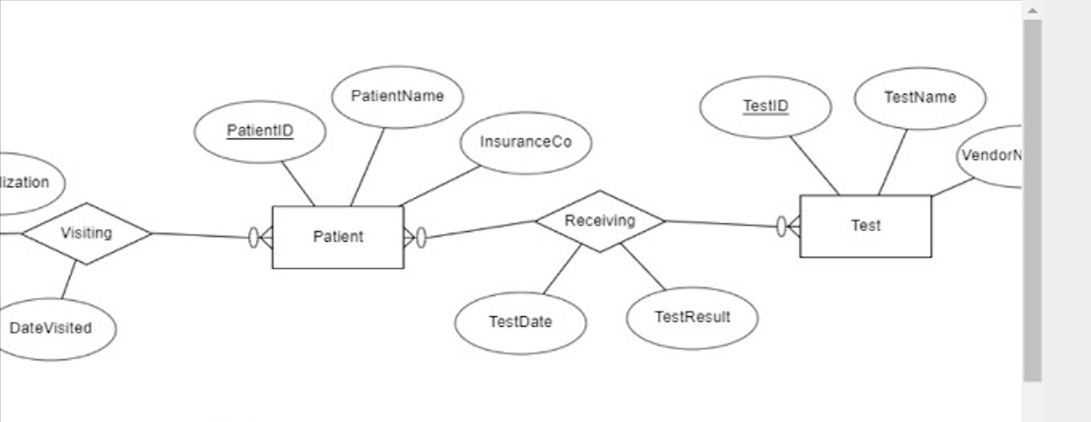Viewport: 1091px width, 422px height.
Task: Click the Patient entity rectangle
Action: tap(338, 237)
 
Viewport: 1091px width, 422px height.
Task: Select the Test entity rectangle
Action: tap(865, 226)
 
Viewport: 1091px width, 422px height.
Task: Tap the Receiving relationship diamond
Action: tap(600, 222)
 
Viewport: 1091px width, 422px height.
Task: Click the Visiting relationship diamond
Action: tap(86, 233)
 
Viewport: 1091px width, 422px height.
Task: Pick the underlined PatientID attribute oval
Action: tap(260, 131)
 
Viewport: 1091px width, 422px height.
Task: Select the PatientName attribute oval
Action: tap(398, 96)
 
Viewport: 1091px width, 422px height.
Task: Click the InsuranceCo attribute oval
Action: tap(525, 142)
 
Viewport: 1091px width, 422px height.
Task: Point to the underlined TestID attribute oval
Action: tap(765, 107)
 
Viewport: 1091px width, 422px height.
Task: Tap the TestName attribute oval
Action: tap(919, 98)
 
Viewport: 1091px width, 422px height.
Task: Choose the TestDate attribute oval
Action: tap(520, 322)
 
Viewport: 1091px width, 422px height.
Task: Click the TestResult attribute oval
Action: tap(692, 317)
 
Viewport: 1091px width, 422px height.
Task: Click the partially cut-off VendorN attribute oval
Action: tap(991, 156)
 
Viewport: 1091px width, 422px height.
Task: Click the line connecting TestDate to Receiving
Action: tap(562, 269)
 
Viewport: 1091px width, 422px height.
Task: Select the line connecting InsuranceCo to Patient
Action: tap(440, 186)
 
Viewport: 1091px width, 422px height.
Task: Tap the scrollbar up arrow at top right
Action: tap(1032, 11)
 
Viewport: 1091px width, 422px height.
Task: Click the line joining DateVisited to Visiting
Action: tap(68, 280)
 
